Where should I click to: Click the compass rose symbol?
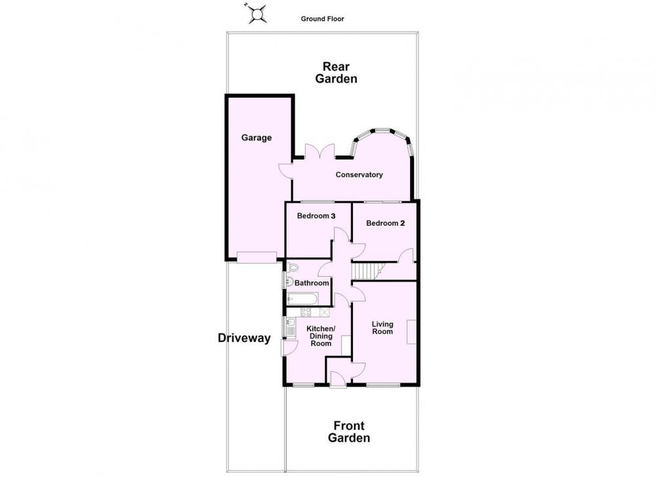click(257, 14)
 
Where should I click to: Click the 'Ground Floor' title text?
click(323, 19)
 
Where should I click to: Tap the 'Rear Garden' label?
click(336, 73)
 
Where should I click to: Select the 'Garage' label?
click(256, 138)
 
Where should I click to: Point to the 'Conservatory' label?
click(359, 175)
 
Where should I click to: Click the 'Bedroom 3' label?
click(316, 216)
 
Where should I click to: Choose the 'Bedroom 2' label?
click(385, 224)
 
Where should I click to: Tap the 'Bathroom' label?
click(312, 283)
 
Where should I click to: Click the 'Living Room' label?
click(382, 327)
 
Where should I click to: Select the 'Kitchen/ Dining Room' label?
click(321, 336)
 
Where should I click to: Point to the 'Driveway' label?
click(244, 338)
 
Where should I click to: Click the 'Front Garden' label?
click(349, 432)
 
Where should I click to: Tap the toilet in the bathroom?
click(293, 268)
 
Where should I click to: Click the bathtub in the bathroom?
click(303, 299)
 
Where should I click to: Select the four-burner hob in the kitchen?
click(306, 312)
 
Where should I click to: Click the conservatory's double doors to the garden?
click(319, 151)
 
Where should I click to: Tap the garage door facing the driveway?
click(256, 257)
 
